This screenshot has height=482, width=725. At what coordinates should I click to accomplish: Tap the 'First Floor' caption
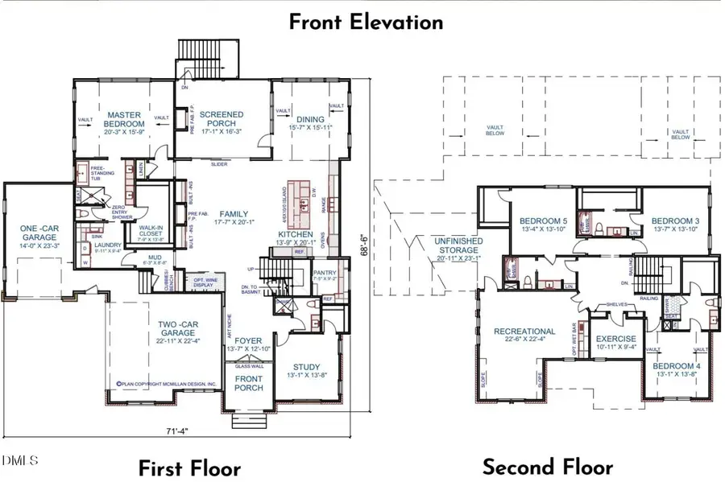pos(188,468)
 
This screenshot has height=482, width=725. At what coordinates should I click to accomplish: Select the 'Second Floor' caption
pos(547,466)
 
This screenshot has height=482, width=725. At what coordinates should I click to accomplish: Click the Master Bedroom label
pos(125,120)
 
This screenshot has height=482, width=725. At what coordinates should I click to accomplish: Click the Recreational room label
pos(524,336)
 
